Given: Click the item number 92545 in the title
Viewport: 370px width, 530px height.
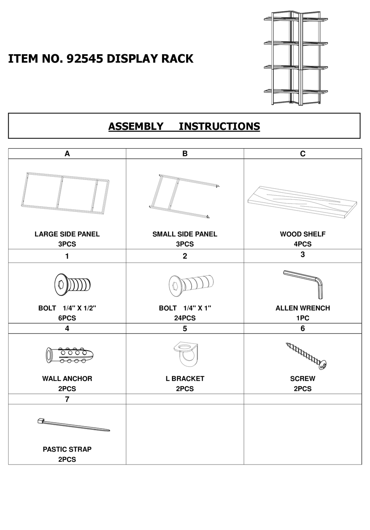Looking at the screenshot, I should point(85,58).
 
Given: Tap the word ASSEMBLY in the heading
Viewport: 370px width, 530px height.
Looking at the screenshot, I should point(136,126).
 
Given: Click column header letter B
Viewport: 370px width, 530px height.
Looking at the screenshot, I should point(185,154).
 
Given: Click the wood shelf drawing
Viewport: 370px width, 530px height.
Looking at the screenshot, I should point(302,200).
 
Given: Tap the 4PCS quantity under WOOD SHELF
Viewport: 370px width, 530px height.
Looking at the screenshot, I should point(302,244).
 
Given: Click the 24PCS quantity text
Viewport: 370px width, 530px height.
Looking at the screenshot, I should point(185,318).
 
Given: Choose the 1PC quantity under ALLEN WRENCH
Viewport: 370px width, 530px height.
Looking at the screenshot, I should point(302,318).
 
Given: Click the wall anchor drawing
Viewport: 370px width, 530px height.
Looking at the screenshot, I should point(69,355).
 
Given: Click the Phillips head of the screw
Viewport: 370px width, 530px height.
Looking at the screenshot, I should point(323,365).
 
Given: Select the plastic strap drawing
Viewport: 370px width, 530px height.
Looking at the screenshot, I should point(73,425).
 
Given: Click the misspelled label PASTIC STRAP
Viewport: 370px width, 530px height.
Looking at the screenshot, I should point(67,449).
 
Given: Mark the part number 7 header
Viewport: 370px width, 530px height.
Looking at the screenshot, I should point(67,399).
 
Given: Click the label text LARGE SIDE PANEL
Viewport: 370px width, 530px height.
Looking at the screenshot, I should point(67,234).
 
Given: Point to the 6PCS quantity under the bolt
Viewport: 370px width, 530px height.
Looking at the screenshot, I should point(67,318).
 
